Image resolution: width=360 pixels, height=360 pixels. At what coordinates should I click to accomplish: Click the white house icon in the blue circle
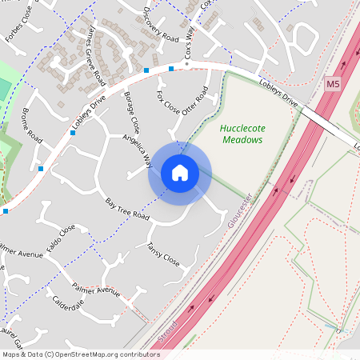(x=180, y=173)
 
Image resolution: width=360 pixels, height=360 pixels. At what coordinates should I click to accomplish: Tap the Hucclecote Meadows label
(x=241, y=134)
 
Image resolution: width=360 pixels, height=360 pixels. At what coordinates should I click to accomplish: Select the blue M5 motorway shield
(x=333, y=83)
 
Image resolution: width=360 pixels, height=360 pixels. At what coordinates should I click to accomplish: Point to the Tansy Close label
(x=162, y=254)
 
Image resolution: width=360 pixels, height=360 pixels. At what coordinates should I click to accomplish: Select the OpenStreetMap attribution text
(x=81, y=354)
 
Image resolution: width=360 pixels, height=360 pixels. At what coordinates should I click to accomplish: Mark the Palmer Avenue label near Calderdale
(x=95, y=288)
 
